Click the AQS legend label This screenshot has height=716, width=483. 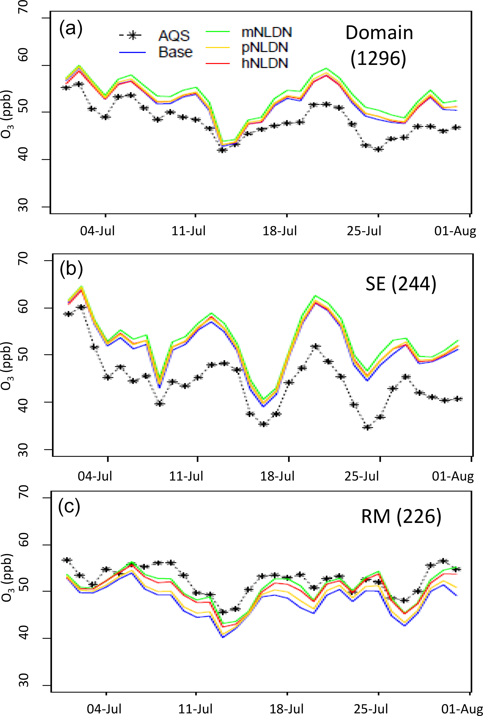[174, 36]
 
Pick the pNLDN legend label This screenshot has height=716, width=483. [265, 47]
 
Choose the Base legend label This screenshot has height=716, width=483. [175, 52]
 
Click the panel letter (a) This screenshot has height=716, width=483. [71, 29]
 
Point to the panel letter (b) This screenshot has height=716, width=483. [71, 269]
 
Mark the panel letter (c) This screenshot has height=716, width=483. [69, 506]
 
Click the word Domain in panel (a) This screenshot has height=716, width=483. [379, 33]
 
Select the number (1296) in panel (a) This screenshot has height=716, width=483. [378, 58]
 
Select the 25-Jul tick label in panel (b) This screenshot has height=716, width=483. [361, 476]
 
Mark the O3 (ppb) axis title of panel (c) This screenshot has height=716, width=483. [7, 578]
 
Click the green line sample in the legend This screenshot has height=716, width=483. [217, 32]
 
